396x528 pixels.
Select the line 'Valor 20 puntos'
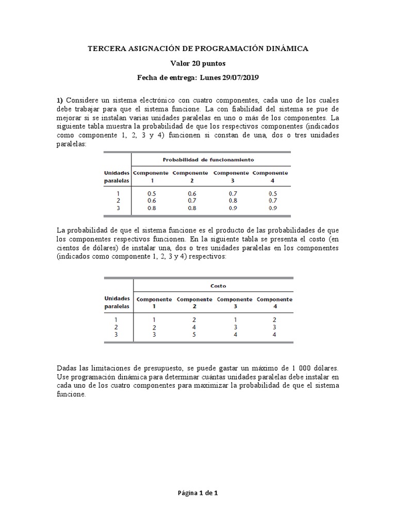pos(198,63)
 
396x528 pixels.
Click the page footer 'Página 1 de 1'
pos(198,493)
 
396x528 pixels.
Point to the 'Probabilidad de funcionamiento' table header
pos(208,160)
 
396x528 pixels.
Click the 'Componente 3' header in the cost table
pos(234,303)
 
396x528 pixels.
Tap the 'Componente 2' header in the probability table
pos(190,177)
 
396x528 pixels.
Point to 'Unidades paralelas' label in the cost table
pos(117,302)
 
